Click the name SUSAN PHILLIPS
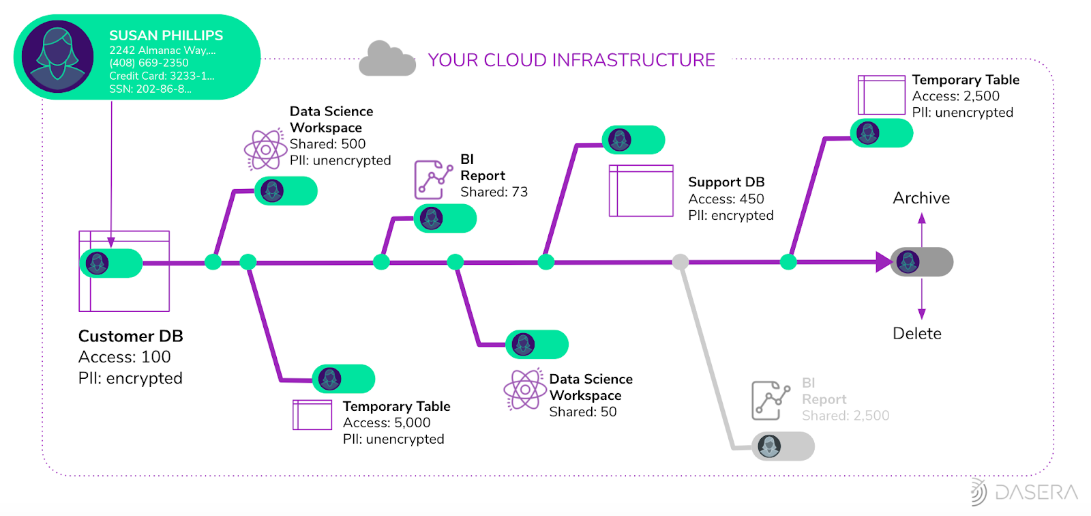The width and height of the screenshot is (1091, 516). click(x=166, y=35)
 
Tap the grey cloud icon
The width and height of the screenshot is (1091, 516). click(x=387, y=59)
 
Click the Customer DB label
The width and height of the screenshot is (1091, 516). click(x=130, y=336)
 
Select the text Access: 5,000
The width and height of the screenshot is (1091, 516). click(x=387, y=422)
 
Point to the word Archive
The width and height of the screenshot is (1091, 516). click(x=921, y=198)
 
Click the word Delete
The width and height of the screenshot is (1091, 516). click(x=916, y=334)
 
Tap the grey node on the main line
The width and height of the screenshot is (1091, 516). click(x=680, y=261)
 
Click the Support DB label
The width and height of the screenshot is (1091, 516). click(x=726, y=182)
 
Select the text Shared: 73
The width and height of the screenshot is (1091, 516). click(x=494, y=192)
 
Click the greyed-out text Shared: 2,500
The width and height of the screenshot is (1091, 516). click(x=846, y=416)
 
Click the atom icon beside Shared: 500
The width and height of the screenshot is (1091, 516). click(x=265, y=149)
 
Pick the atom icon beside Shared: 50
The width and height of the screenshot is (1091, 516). click(x=524, y=390)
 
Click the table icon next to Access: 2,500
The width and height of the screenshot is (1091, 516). click(x=881, y=95)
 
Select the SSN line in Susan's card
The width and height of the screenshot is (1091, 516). click(x=150, y=89)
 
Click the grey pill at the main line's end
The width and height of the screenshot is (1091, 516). click(x=922, y=262)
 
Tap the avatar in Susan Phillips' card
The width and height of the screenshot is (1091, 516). click(x=57, y=57)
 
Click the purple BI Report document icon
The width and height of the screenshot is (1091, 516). click(x=432, y=180)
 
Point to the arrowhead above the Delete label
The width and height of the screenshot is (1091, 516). click(x=922, y=314)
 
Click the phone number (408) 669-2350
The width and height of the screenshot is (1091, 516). click(x=149, y=63)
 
